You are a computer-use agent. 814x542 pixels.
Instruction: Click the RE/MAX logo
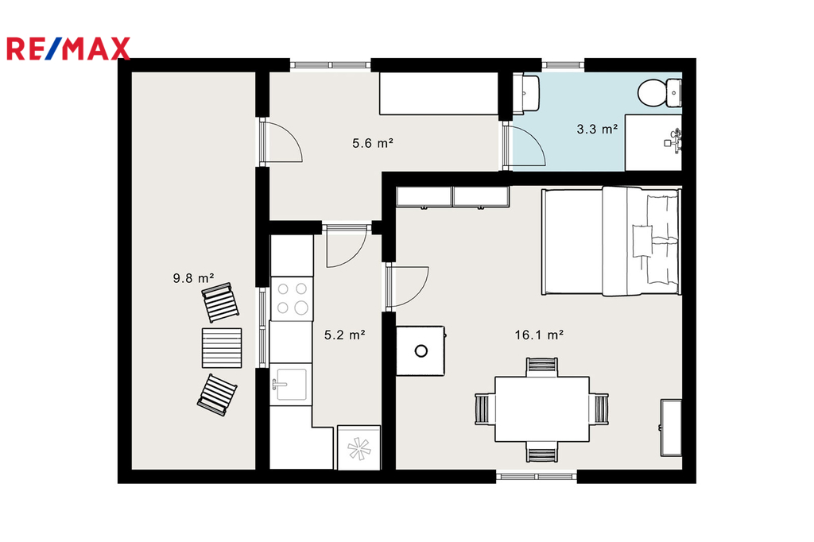[x=68, y=48]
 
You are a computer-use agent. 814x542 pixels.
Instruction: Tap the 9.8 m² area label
[x=193, y=278]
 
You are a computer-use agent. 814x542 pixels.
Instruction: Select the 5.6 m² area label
[x=372, y=143]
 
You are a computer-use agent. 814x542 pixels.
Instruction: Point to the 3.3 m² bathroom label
[x=597, y=129]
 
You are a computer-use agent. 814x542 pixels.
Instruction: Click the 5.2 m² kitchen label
[x=345, y=335]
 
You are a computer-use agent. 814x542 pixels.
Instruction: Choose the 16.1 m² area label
[x=539, y=335]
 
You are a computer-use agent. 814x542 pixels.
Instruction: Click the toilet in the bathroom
[x=659, y=93]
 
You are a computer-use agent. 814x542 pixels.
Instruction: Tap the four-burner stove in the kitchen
[x=292, y=299]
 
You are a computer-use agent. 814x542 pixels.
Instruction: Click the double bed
[x=611, y=242]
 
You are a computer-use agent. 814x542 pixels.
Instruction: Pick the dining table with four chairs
[x=541, y=409]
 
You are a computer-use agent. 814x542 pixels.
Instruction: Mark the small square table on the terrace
[x=222, y=348]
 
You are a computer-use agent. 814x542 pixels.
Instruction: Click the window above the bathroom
[x=563, y=65]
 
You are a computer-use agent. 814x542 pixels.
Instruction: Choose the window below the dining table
[x=537, y=476]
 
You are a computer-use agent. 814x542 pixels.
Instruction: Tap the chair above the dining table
[x=542, y=366]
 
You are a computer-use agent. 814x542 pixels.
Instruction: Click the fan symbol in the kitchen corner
[x=359, y=448]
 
